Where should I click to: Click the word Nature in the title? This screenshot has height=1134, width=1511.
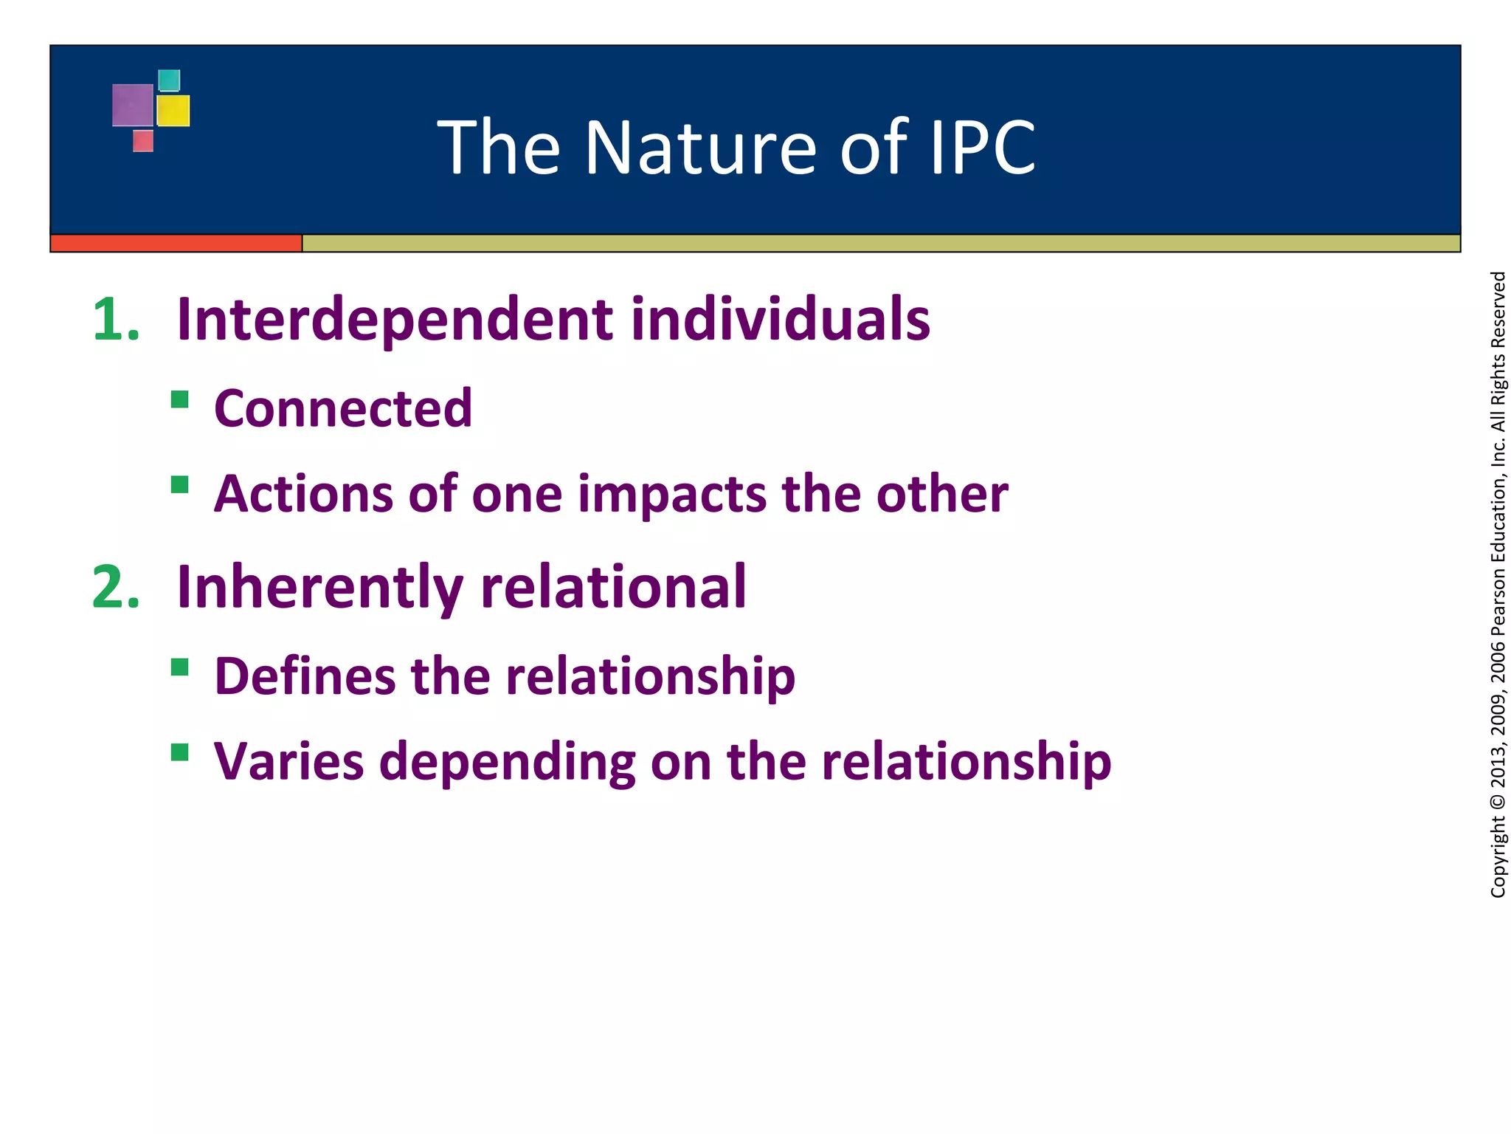(x=701, y=148)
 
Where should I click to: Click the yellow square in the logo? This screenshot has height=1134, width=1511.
(x=173, y=111)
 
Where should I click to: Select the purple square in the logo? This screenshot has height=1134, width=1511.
(x=133, y=106)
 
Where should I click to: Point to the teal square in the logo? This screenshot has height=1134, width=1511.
(x=169, y=80)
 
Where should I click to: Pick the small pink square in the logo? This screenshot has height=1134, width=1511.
(x=143, y=141)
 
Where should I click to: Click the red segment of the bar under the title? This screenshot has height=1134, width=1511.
(x=176, y=243)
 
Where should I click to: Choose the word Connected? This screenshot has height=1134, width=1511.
(x=343, y=408)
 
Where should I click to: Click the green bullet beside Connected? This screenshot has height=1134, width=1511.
(x=179, y=399)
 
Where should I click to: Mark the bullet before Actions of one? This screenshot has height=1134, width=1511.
(x=179, y=484)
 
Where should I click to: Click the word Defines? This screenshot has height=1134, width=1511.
(x=305, y=676)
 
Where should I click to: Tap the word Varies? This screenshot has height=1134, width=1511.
(x=288, y=762)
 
